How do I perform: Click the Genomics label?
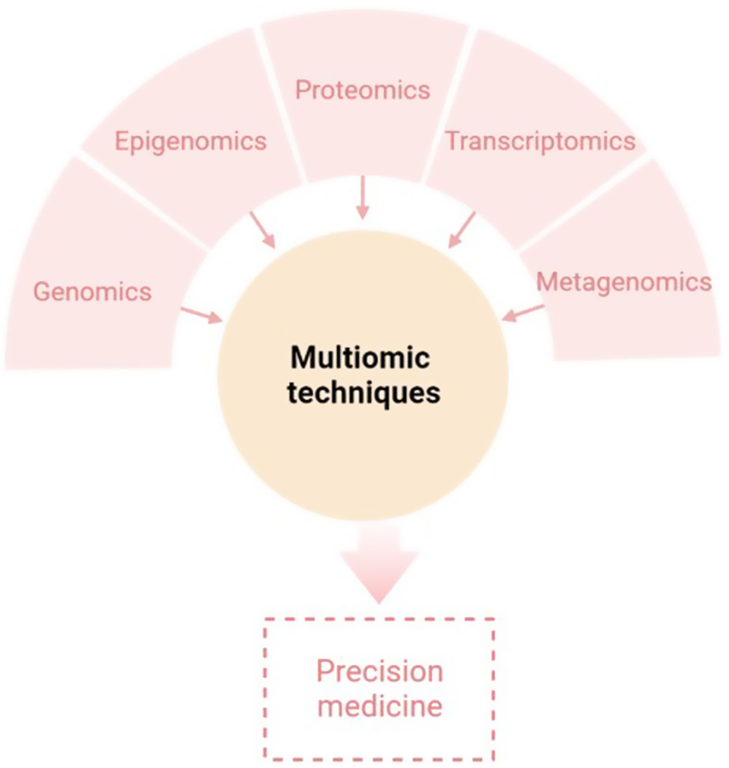(92, 292)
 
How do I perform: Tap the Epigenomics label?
(190, 141)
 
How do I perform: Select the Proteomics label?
(363, 90)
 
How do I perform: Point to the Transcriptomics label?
(540, 141)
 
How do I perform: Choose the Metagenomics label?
(623, 282)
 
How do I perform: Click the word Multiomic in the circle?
(360, 358)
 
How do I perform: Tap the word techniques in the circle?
(364, 393)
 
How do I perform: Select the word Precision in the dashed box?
(380, 671)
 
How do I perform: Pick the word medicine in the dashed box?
(380, 705)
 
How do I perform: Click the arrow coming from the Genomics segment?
(202, 315)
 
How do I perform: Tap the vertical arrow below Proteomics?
(363, 198)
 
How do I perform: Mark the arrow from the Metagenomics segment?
(523, 313)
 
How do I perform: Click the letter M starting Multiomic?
(301, 358)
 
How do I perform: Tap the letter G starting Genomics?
(42, 292)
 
